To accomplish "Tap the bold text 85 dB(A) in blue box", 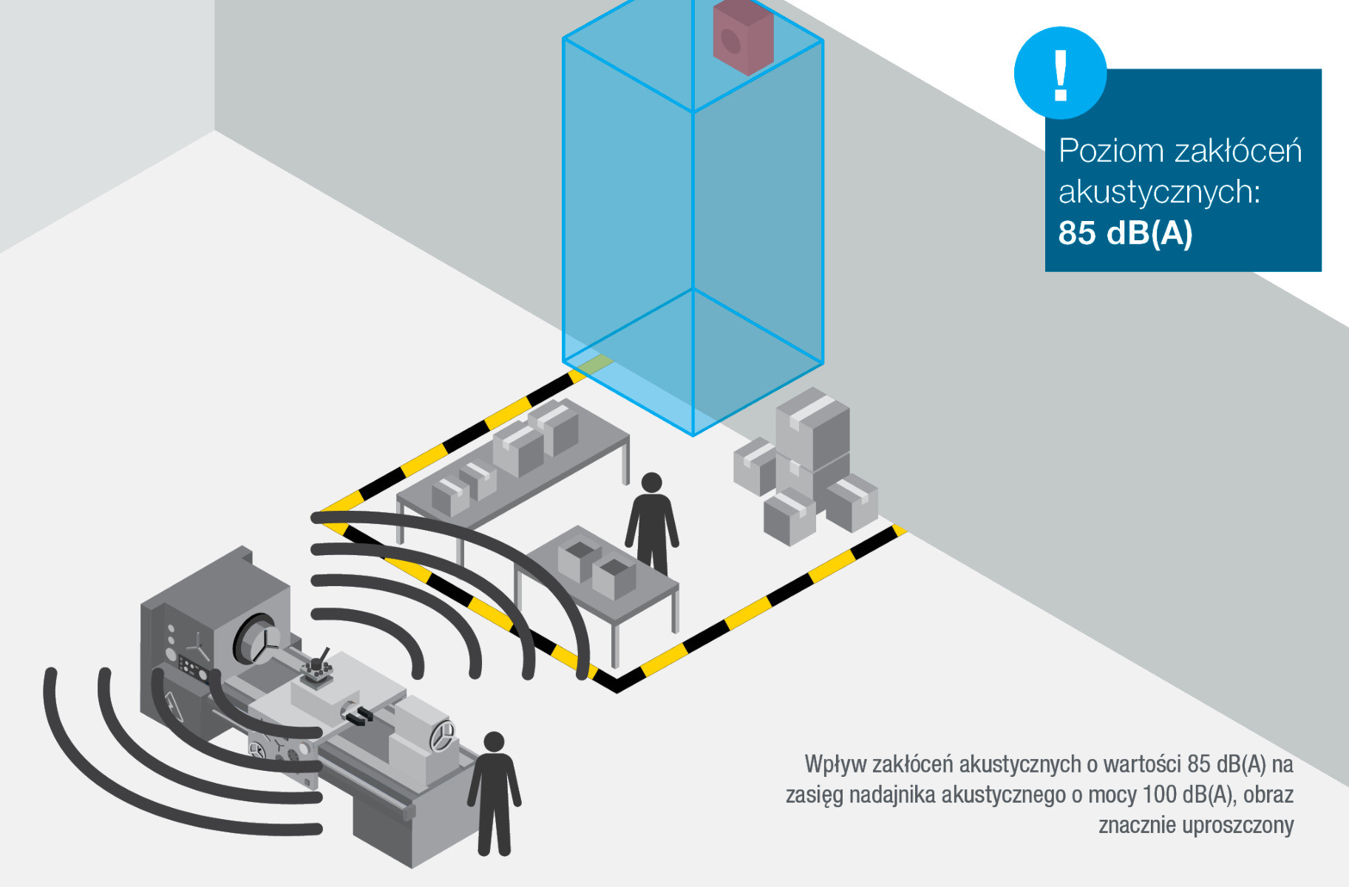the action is (1125, 233).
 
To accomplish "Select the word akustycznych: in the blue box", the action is (1159, 192).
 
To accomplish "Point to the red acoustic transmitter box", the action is (743, 37).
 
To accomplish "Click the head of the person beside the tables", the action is (651, 483).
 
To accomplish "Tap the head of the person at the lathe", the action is (494, 742).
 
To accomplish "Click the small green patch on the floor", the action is (595, 363).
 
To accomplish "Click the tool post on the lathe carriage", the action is (317, 668).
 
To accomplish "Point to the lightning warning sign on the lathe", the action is (173, 705).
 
